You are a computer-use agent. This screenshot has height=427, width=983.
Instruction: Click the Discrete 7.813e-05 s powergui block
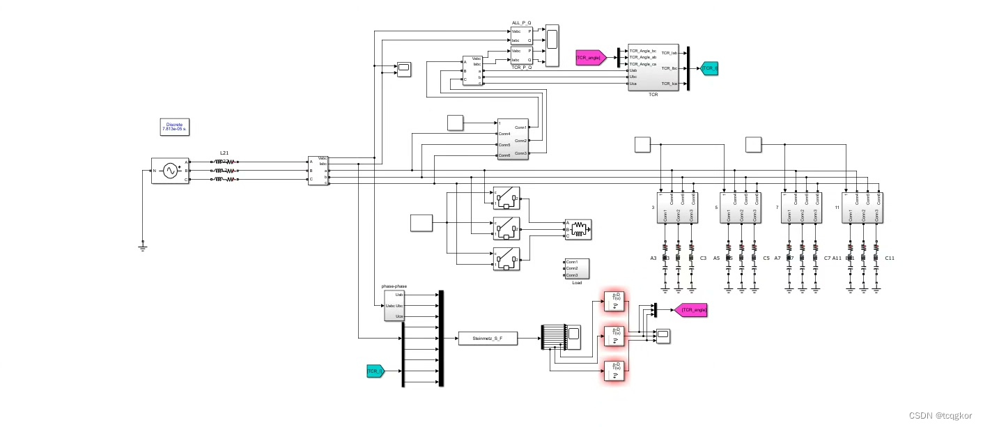coord(174,127)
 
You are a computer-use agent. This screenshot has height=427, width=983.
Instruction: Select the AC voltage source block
coord(169,171)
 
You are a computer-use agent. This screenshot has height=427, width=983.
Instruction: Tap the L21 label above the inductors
coord(224,152)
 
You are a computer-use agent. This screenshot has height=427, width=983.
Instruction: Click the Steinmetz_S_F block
coord(488,339)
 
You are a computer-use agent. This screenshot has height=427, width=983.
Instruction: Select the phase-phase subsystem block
coord(394,306)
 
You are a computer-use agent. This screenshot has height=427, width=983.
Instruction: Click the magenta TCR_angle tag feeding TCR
coord(589,58)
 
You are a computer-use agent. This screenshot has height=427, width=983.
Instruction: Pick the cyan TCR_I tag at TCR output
coord(709,68)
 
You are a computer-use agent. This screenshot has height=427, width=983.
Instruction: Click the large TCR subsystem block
coord(653,68)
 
